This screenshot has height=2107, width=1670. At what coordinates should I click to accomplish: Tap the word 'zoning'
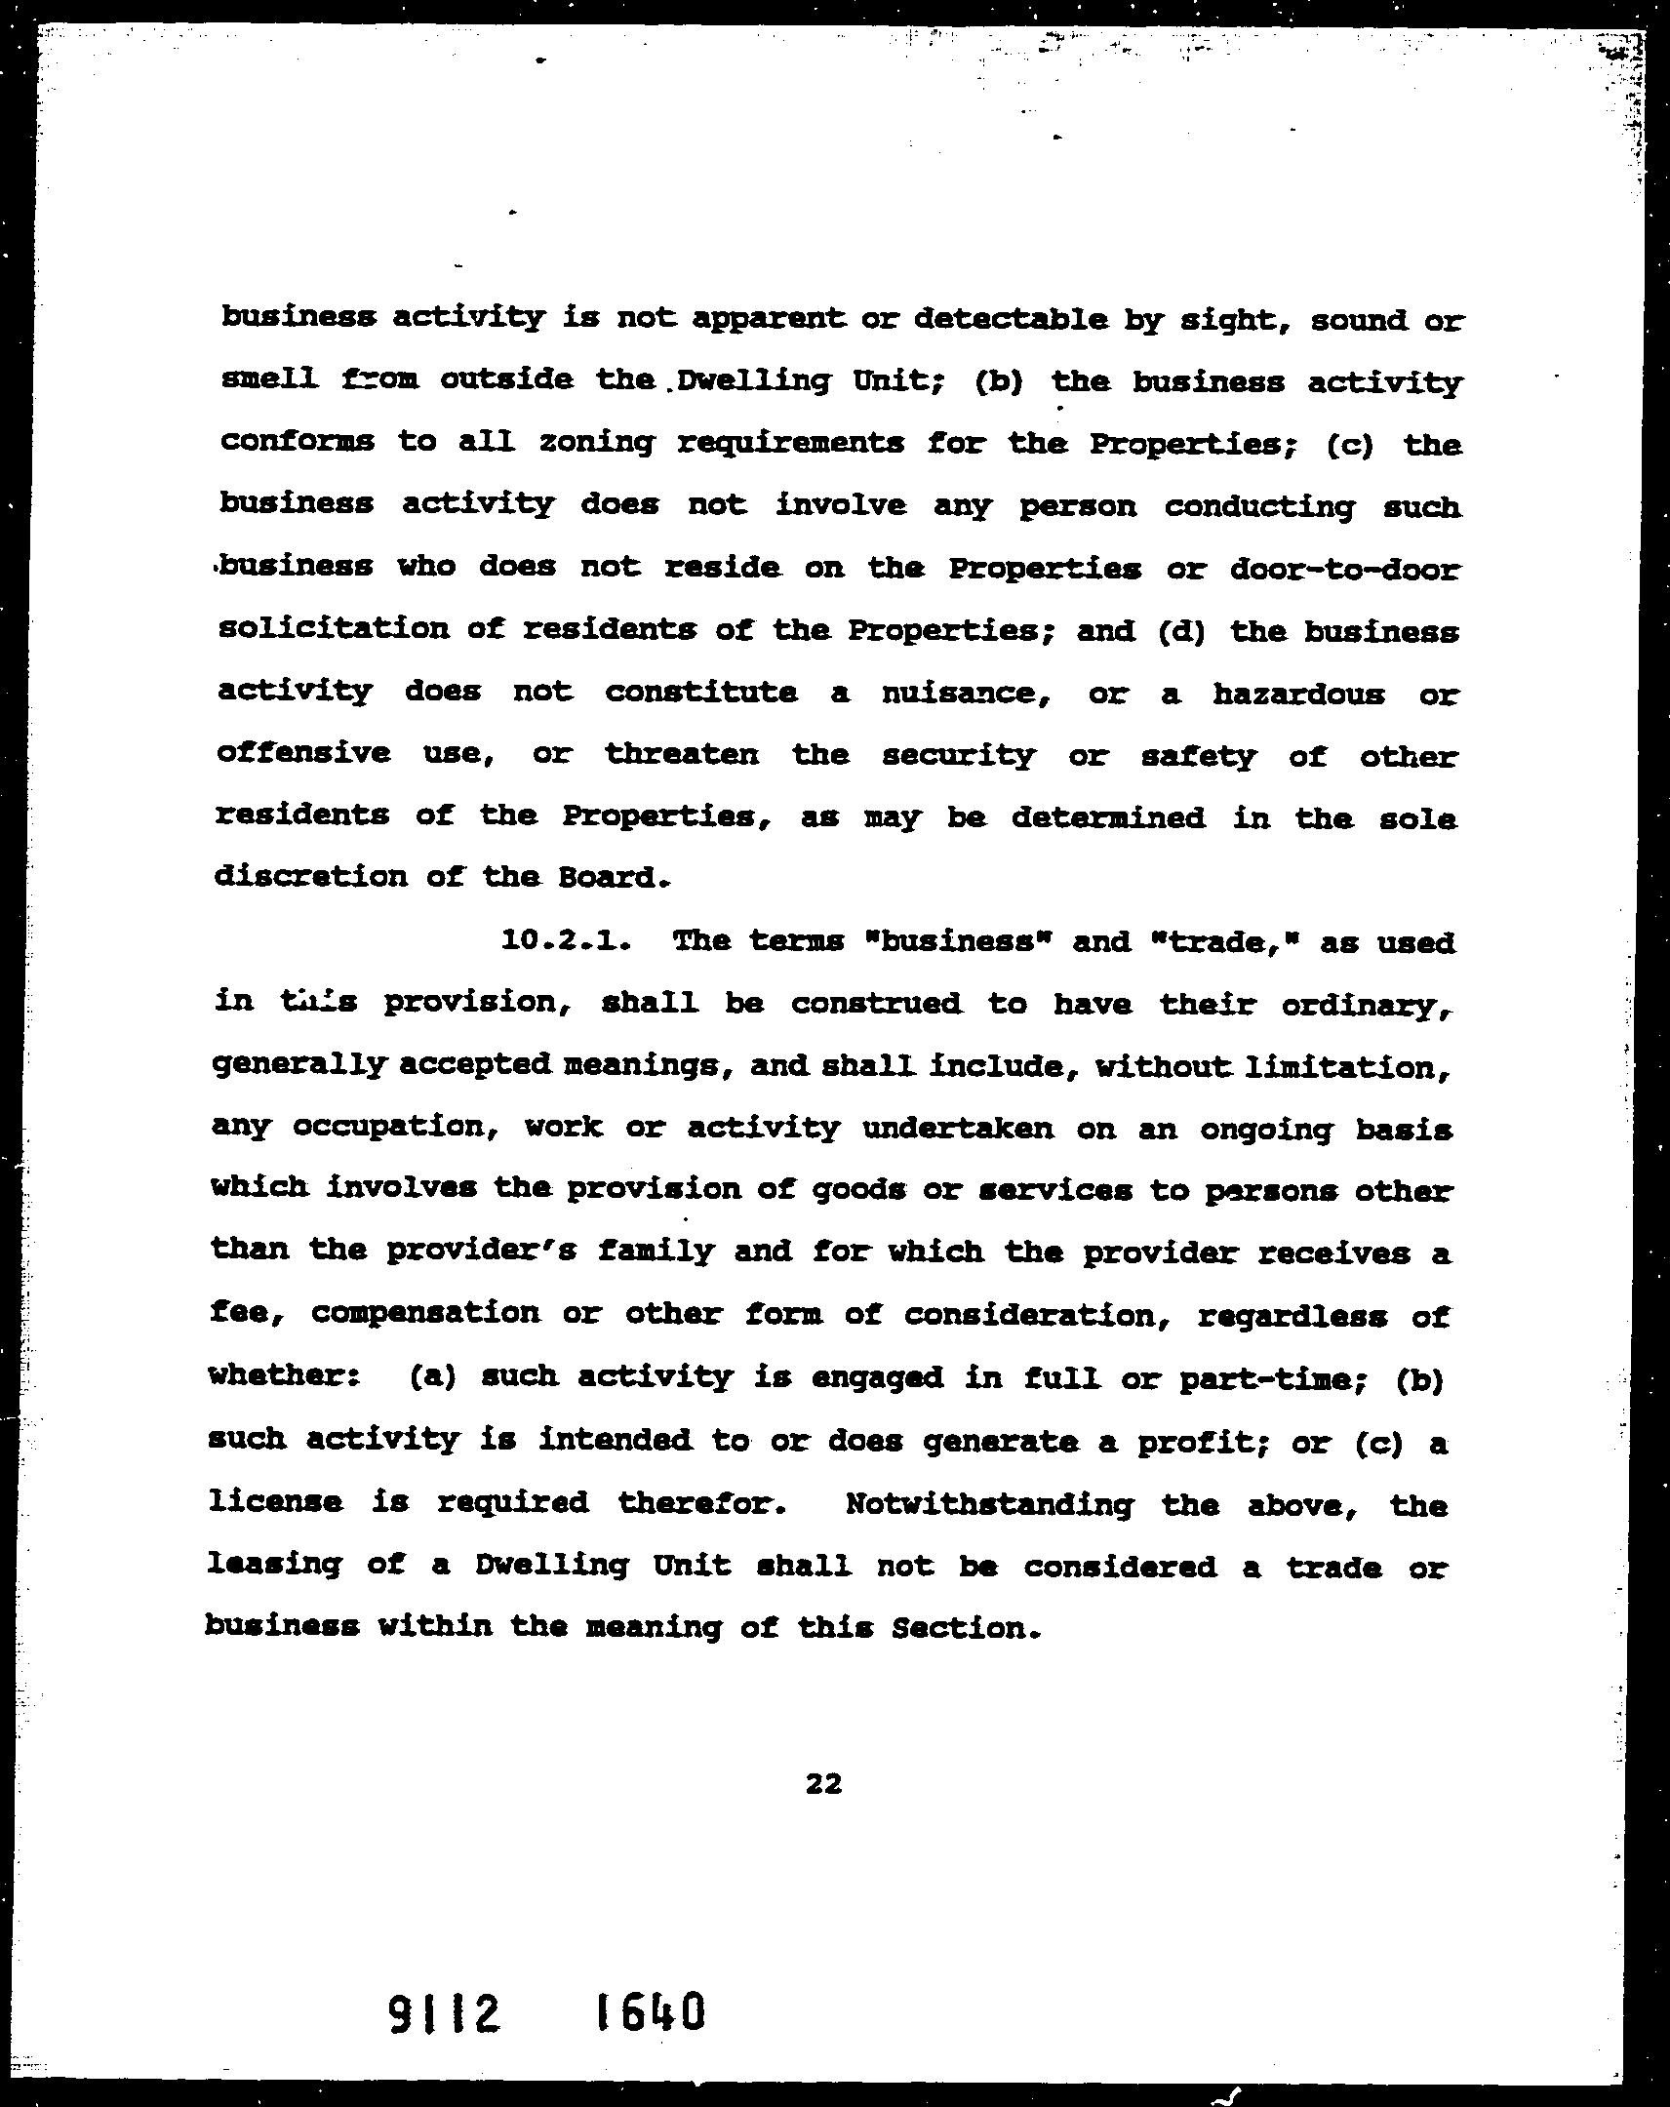596,444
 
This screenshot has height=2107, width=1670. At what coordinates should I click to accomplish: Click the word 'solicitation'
334,628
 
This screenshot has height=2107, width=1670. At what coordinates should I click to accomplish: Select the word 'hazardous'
1298,694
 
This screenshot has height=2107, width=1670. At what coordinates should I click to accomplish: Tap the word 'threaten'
681,754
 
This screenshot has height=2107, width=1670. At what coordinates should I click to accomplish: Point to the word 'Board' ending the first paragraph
607,877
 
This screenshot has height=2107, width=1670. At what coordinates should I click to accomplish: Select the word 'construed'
876,1004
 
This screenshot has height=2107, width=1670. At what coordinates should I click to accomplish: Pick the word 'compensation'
425,1312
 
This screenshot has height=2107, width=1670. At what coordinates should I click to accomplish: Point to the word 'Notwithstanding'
988,1503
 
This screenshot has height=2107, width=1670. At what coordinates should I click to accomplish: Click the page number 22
823,1784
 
